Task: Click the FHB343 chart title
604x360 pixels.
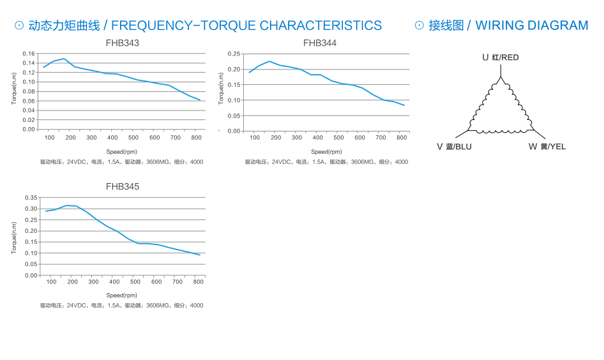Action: point(122,43)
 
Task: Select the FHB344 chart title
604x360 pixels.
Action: point(320,43)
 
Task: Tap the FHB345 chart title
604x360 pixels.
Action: point(122,187)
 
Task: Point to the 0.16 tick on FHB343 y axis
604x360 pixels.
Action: point(29,54)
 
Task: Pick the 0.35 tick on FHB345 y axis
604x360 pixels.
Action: point(31,208)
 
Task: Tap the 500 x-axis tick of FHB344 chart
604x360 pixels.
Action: point(339,138)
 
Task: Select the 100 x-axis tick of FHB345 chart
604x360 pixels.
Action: point(52,281)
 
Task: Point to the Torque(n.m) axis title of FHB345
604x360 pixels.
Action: point(14,237)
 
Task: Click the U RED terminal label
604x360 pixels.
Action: point(501,57)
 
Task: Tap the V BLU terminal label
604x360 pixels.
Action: point(454,147)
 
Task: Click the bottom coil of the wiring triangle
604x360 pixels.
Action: point(501,131)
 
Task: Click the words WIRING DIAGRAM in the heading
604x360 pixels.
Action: point(532,26)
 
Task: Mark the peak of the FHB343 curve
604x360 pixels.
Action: point(64,59)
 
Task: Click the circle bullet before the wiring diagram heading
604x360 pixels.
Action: point(419,26)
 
